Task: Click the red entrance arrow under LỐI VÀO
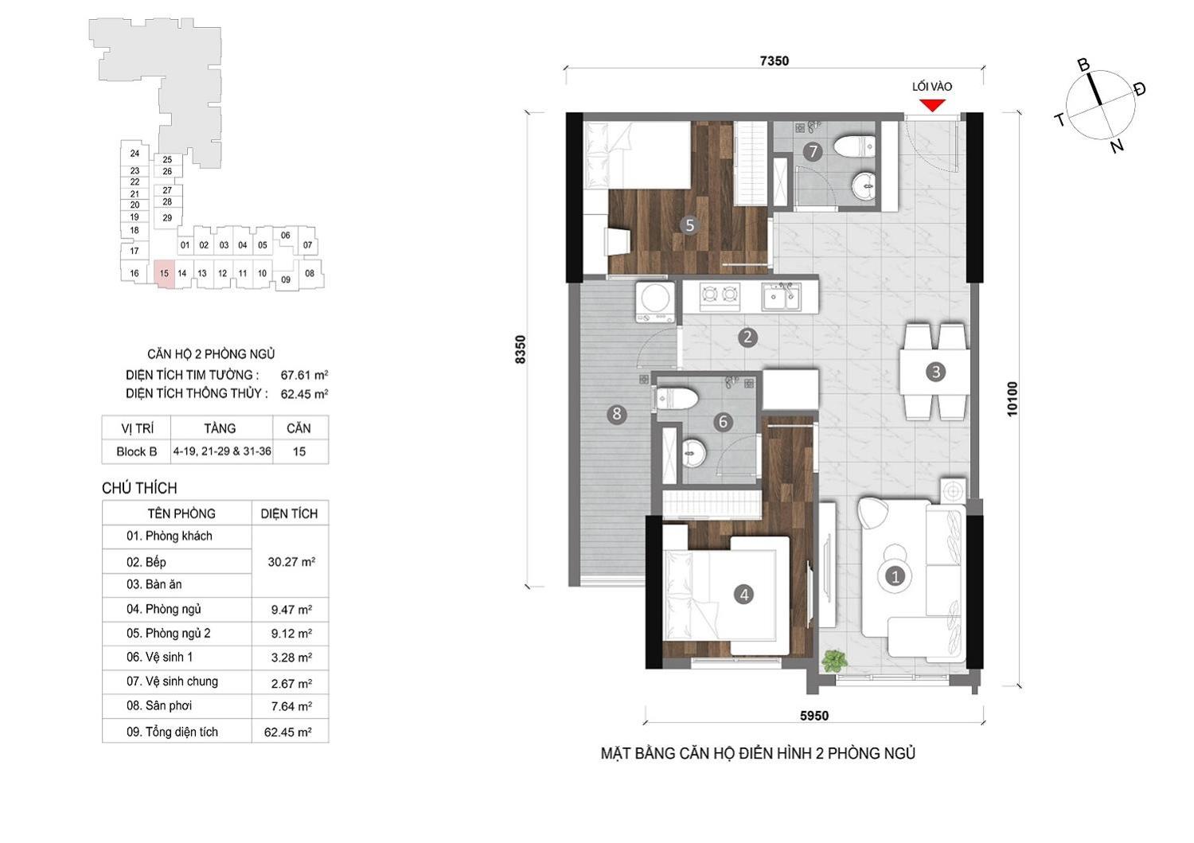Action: [x=932, y=105]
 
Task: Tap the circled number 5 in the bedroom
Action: [x=690, y=225]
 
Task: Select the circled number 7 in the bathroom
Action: [x=813, y=151]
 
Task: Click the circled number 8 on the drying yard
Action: [x=617, y=414]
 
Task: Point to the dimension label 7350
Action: [x=774, y=60]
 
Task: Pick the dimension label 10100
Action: [x=1012, y=399]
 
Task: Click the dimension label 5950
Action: [x=814, y=716]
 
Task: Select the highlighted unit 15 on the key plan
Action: [x=164, y=275]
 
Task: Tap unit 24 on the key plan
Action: [x=135, y=153]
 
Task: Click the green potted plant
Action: [x=834, y=662]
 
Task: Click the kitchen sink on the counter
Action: [x=781, y=298]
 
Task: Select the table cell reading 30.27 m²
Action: [x=291, y=561]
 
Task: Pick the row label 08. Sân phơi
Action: [x=159, y=705]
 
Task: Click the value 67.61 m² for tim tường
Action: [x=304, y=374]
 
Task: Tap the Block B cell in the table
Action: [x=136, y=451]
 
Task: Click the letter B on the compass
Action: [x=1083, y=65]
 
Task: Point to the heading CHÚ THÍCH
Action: [x=139, y=488]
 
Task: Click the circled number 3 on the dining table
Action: [x=935, y=372]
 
